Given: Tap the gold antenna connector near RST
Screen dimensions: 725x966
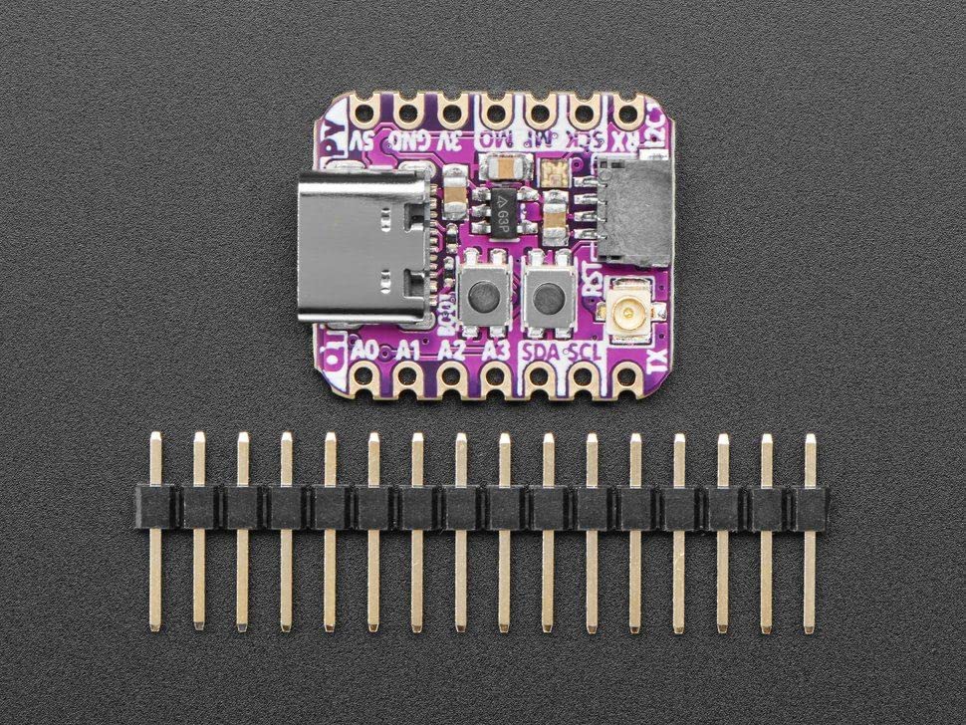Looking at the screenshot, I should point(630,314).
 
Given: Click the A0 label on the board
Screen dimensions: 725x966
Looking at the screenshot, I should point(366,351).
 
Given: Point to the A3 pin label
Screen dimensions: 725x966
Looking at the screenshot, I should point(495,351).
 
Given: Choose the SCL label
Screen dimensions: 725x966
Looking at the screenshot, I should point(587,352).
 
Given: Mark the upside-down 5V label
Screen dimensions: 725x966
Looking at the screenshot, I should point(364,139).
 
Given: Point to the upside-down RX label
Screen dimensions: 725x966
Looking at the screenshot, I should point(621,139).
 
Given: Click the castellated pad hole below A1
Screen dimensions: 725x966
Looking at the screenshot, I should point(408,377).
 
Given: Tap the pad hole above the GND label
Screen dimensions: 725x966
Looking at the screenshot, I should point(408,108).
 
